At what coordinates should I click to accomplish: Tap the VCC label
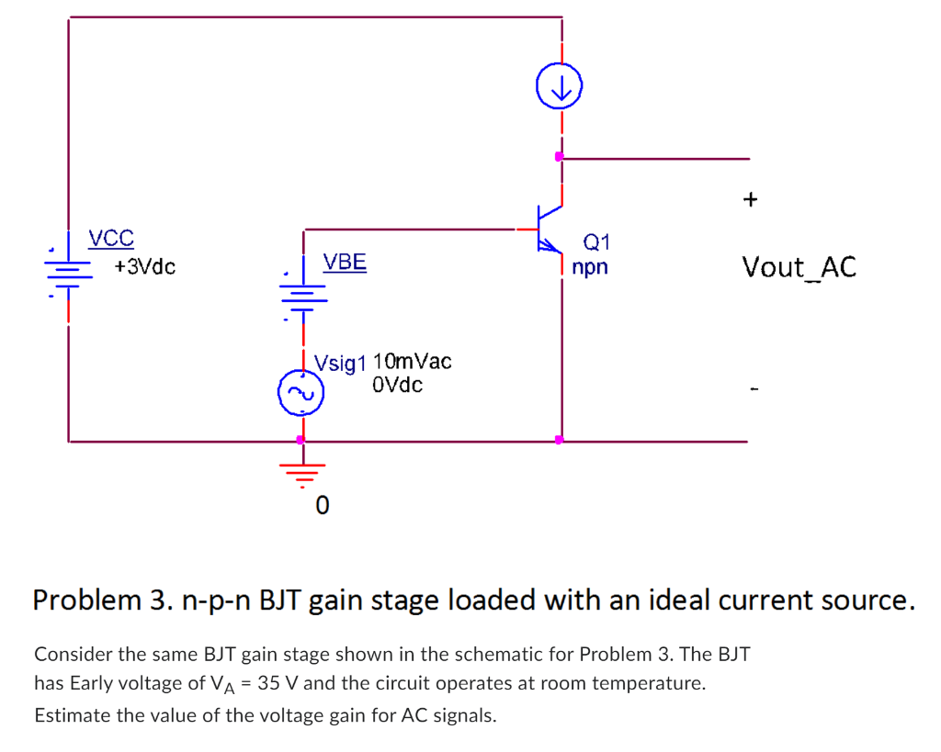(x=111, y=240)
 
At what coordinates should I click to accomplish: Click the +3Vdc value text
(x=145, y=267)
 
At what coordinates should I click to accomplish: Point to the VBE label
(x=345, y=263)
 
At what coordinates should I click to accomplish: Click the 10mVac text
(x=413, y=361)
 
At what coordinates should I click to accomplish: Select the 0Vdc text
(x=398, y=385)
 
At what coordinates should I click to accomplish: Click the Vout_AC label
(x=799, y=267)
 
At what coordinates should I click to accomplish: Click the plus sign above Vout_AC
(x=751, y=198)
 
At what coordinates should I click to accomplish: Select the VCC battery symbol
(x=69, y=266)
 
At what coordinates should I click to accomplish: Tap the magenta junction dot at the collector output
(x=559, y=157)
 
